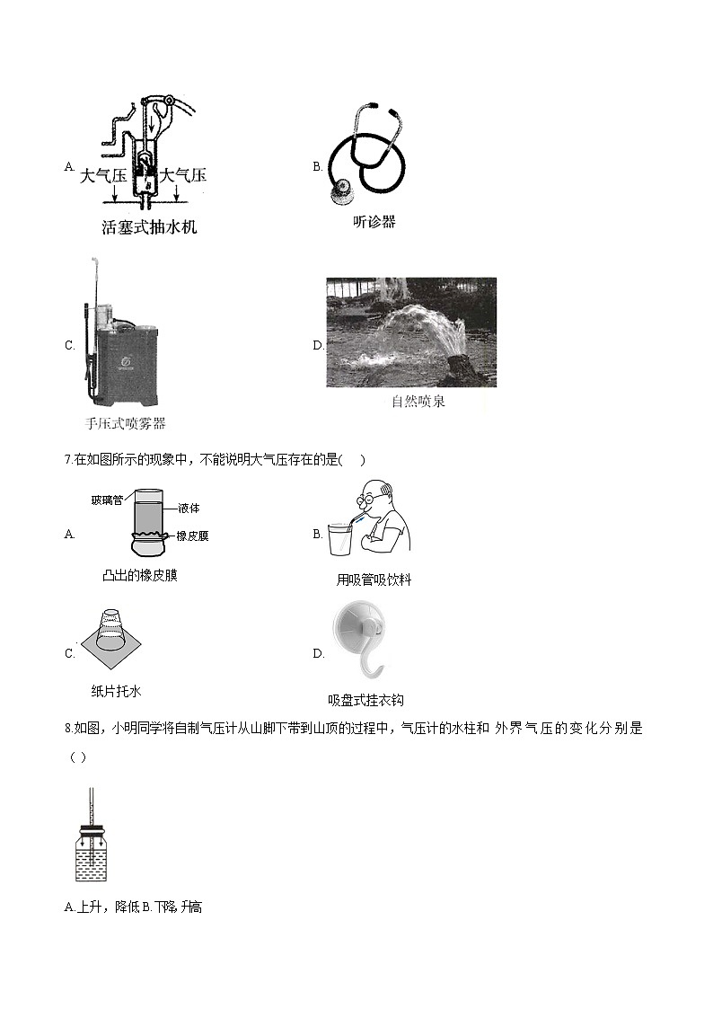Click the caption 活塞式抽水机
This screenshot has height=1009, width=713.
(149, 227)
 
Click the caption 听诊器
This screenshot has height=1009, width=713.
(374, 222)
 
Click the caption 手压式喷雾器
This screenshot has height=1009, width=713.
(125, 424)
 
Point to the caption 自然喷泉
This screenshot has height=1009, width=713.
(418, 402)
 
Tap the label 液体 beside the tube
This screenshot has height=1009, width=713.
(189, 509)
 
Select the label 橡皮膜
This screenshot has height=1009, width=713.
(191, 536)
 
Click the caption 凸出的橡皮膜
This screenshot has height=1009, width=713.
(140, 575)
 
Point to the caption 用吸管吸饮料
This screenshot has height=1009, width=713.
(374, 580)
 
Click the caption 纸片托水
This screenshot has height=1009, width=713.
(116, 691)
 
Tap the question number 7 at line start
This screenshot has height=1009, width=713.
(68, 460)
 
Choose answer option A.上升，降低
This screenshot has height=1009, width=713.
(101, 907)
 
